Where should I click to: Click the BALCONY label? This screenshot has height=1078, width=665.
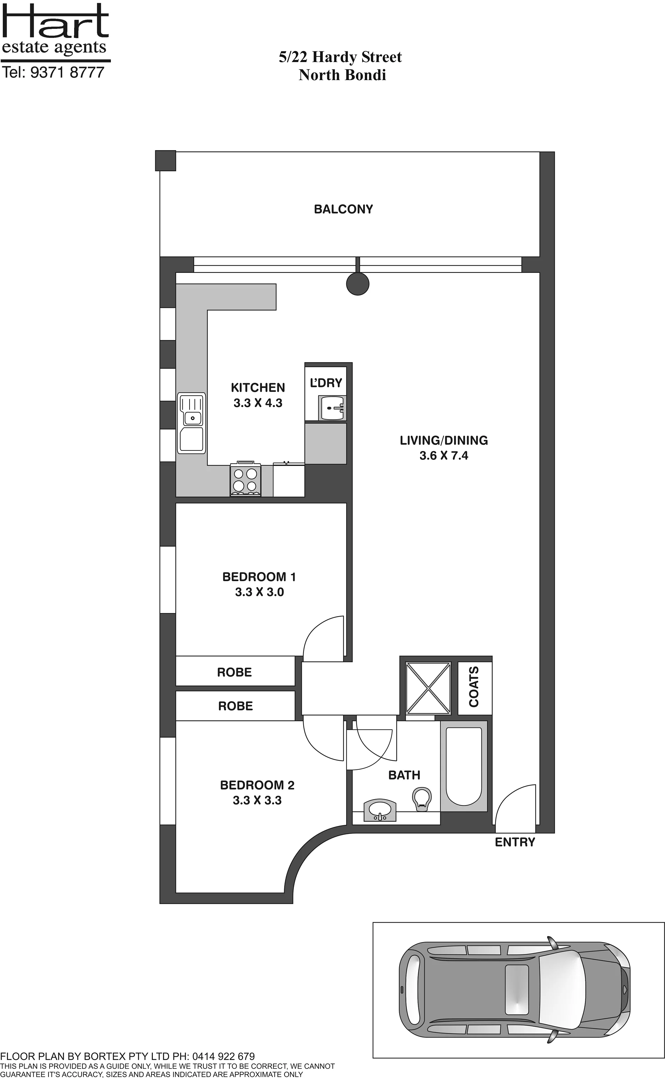343,209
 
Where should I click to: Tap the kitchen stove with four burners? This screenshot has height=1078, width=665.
245,479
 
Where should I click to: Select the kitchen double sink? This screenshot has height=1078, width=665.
191,423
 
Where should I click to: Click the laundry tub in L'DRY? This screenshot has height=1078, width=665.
332,408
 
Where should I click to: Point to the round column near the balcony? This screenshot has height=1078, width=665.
358,284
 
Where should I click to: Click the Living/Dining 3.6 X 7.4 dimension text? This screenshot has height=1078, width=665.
444,455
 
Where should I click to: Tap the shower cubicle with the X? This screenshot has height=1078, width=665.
428,688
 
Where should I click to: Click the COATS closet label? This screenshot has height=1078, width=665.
474,687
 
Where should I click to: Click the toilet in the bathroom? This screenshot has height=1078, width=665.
421,798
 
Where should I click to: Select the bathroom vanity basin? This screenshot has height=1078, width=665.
380,810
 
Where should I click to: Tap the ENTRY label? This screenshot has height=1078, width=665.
515,842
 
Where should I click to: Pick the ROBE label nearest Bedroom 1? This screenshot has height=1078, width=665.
234,672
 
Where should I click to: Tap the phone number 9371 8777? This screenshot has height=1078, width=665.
67,72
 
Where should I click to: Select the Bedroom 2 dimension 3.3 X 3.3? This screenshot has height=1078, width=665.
257,800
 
